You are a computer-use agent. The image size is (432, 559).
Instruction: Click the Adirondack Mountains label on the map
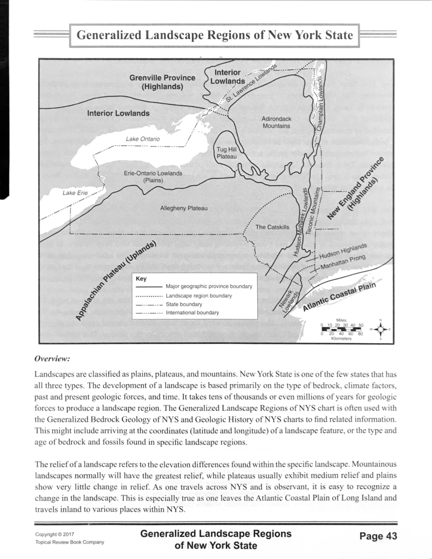coord(276,122)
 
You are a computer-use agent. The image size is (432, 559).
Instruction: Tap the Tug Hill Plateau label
coord(226,153)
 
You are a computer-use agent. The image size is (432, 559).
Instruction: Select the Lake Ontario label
coord(143,139)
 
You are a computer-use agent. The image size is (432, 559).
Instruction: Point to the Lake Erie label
coord(75,193)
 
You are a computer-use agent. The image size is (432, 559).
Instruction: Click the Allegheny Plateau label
coord(184,208)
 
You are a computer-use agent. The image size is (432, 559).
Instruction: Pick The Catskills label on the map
coord(272,227)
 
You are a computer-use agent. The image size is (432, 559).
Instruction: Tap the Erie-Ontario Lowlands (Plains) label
coord(153,177)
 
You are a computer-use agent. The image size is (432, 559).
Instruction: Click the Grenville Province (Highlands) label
coord(162,82)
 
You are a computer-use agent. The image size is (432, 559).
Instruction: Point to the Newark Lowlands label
coord(290,301)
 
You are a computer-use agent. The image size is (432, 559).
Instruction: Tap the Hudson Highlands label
coord(342,251)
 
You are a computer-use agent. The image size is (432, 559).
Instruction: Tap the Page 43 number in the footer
coord(378,536)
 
